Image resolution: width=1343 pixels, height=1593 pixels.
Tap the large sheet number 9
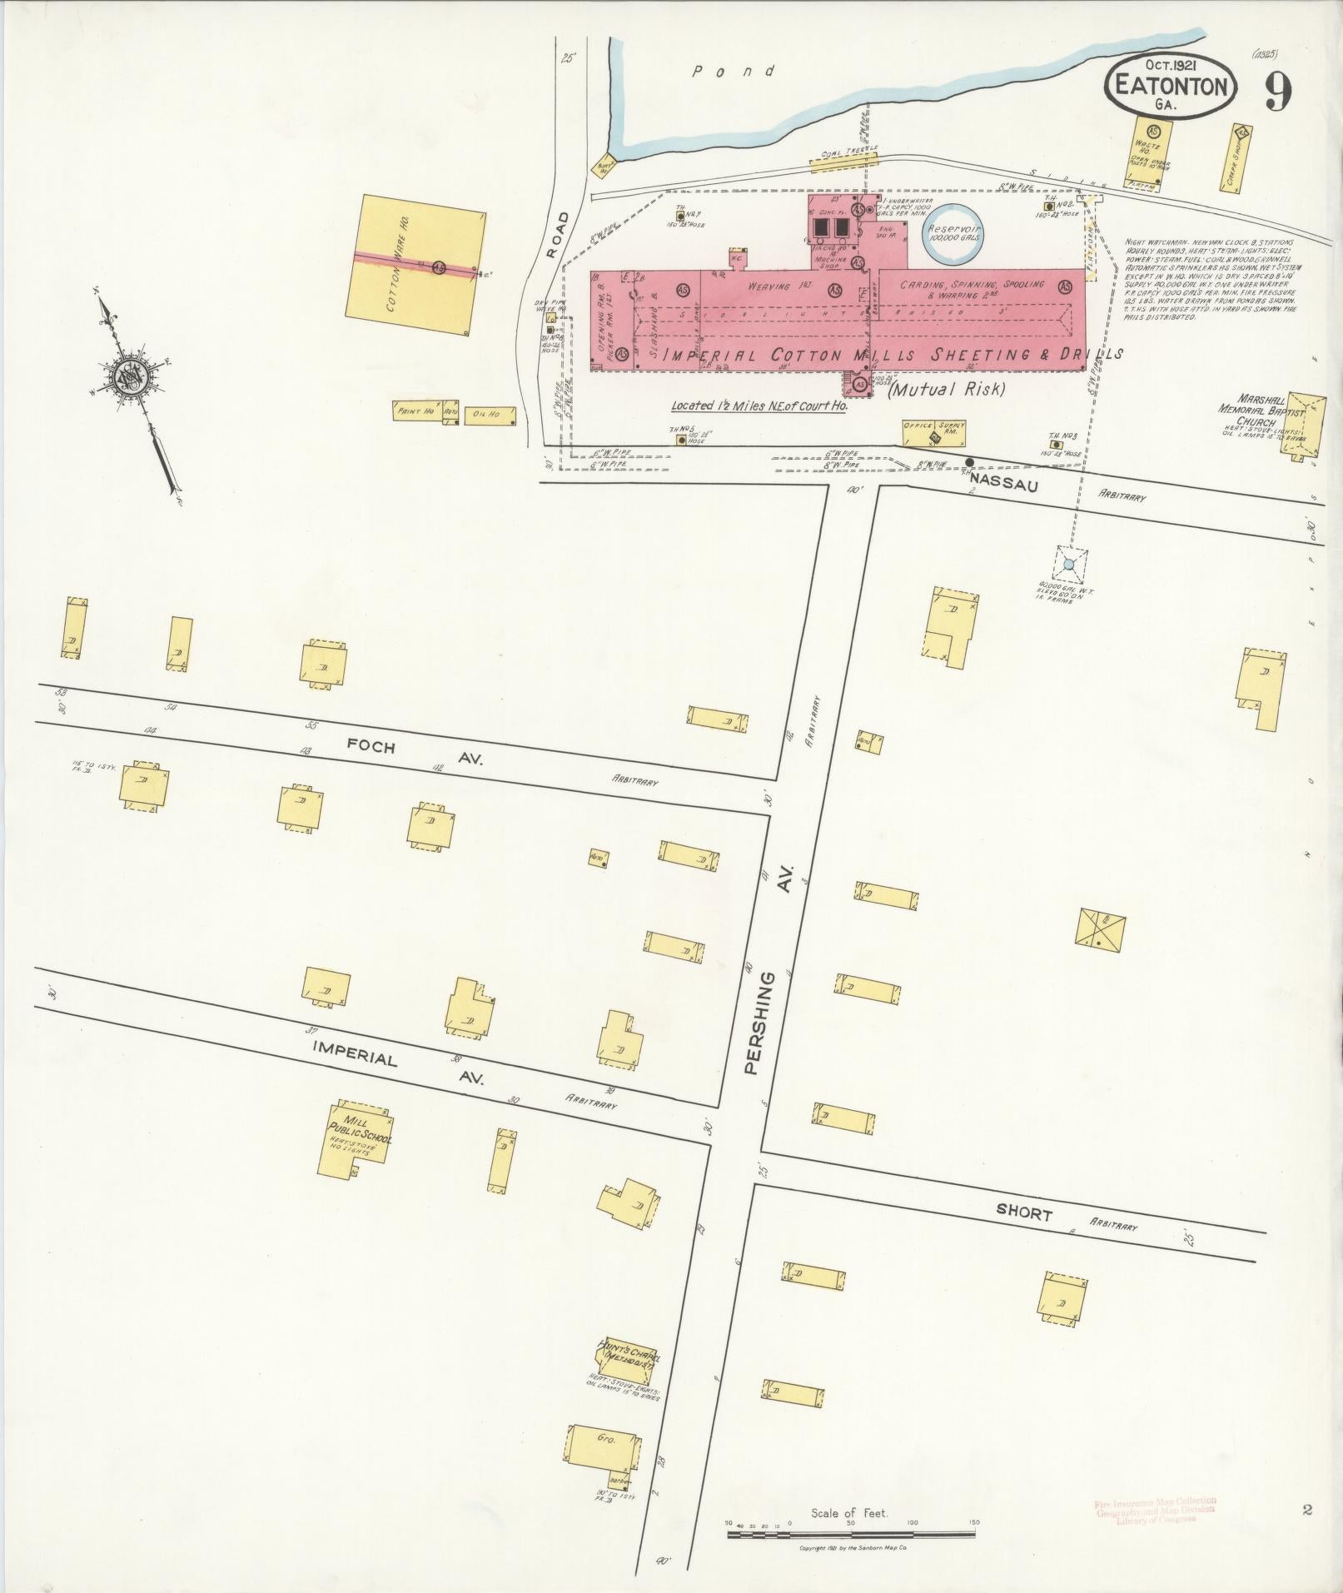(1277, 92)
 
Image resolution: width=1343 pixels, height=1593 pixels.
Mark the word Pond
(735, 72)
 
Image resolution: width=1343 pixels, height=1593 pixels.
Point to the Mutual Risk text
(948, 388)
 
